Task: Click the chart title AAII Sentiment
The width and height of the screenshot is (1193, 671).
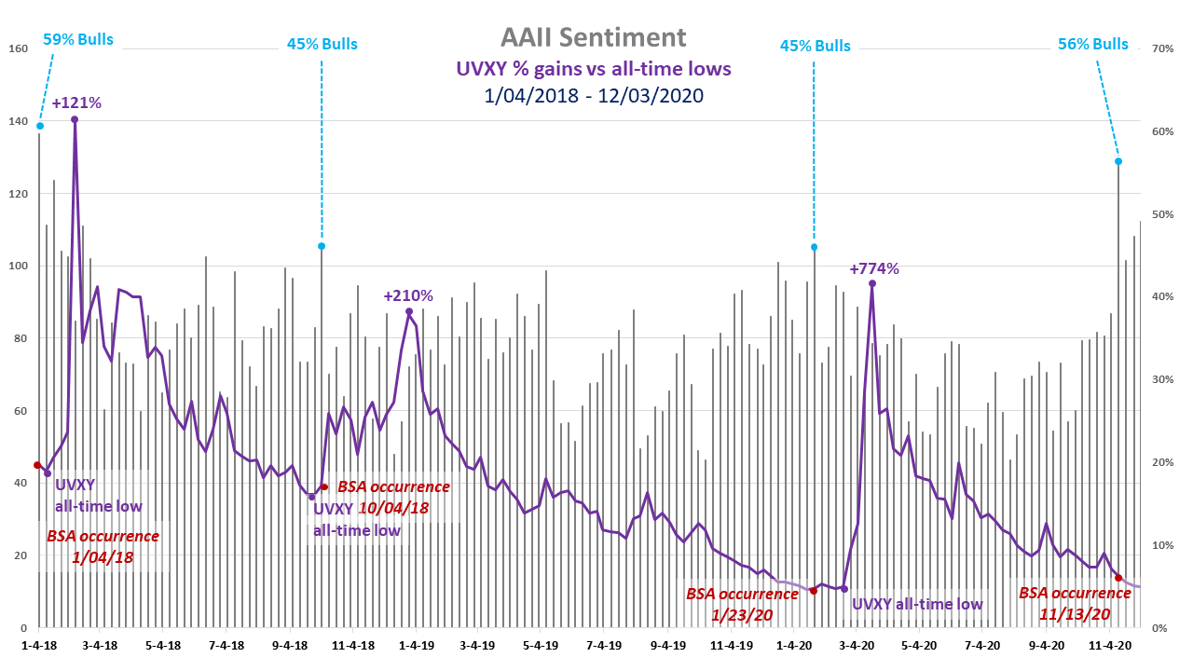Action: (x=593, y=37)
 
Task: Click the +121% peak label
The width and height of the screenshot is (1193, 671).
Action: (x=76, y=103)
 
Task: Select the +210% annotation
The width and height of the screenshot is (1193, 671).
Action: (x=408, y=295)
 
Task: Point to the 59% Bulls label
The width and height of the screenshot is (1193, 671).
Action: (x=78, y=39)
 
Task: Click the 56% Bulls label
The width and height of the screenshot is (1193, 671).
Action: (x=1092, y=44)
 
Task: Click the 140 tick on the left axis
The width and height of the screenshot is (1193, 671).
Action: (x=18, y=121)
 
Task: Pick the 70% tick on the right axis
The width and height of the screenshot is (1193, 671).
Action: (x=1161, y=48)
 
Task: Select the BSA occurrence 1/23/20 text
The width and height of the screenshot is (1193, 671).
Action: (x=742, y=603)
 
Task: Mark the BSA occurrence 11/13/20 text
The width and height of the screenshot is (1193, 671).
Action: (x=1075, y=603)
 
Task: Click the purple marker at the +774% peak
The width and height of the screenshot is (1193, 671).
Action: (x=872, y=283)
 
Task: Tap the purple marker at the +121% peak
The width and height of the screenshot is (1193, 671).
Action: (x=75, y=119)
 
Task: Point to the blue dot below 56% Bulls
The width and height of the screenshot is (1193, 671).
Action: (x=1118, y=161)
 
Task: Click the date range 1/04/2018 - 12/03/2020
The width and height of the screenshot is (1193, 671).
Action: (x=593, y=95)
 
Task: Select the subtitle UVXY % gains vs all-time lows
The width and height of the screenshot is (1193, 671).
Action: (x=593, y=68)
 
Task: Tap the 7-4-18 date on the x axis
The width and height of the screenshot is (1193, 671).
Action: (x=226, y=644)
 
